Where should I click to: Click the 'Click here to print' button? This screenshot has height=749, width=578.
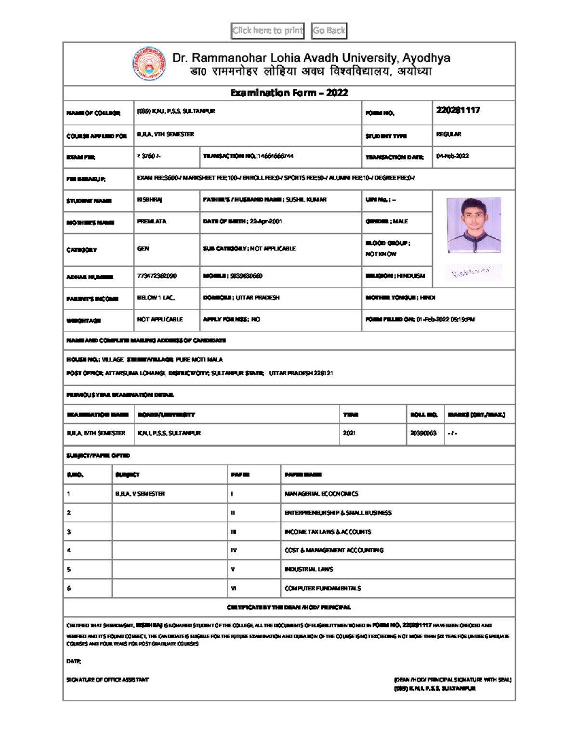(267, 31)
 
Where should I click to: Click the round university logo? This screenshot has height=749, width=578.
(149, 64)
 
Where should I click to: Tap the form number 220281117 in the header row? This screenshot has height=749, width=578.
(458, 110)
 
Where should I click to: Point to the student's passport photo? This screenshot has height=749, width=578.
(474, 225)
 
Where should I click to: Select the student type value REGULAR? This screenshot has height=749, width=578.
(448, 134)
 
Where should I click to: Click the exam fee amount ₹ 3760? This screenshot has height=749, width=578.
(149, 156)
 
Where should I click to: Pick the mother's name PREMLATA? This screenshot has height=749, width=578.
(151, 221)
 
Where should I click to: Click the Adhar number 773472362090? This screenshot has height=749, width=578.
(157, 276)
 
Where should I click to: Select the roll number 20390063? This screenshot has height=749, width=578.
(423, 433)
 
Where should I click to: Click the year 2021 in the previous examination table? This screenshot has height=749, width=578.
(349, 433)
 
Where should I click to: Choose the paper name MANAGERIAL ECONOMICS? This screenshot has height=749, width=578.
(321, 494)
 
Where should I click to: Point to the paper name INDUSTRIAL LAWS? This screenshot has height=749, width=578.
(309, 570)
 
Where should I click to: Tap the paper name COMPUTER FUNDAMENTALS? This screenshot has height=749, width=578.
(323, 588)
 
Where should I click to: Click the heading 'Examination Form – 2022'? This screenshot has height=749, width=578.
(289, 93)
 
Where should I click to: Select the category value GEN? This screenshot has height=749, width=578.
(143, 249)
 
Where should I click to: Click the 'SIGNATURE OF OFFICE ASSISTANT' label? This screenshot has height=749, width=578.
(107, 680)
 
